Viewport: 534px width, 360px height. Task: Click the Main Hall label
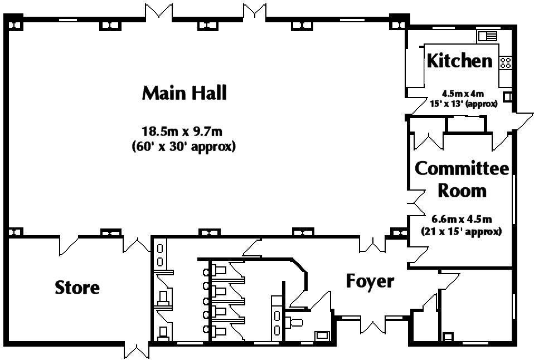[x=185, y=93]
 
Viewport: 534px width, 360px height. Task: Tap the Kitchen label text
[x=459, y=61]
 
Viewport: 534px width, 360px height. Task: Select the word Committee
[x=462, y=168]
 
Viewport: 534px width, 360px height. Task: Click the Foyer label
[x=370, y=281]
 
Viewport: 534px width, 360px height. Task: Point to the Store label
[x=77, y=288]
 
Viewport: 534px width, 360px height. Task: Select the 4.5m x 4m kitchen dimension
[x=463, y=93]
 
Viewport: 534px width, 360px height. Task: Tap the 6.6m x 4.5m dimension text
[x=462, y=219]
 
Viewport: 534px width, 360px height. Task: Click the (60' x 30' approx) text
[x=183, y=147]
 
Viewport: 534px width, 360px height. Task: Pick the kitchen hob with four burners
[x=505, y=62]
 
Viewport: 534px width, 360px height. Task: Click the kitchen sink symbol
[x=487, y=36]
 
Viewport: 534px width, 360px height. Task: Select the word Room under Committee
[x=462, y=191]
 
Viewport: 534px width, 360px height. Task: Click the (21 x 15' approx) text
[x=462, y=232]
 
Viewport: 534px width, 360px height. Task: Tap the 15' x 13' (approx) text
[x=464, y=104]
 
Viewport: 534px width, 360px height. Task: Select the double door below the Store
[x=136, y=351]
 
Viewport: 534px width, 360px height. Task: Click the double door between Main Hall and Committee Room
[x=415, y=203]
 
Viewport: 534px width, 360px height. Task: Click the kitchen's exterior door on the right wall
[x=523, y=121]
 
